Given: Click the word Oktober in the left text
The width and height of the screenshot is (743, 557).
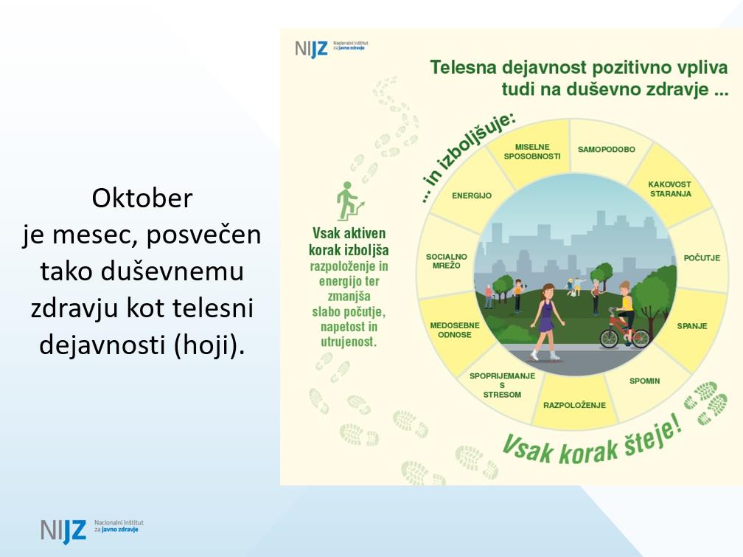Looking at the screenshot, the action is (142, 198).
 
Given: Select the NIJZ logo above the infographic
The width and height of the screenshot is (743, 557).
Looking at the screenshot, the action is (331, 49).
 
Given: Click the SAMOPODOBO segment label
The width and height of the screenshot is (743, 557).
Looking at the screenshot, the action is (606, 150).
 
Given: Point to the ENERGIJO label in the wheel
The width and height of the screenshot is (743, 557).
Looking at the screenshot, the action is (472, 196).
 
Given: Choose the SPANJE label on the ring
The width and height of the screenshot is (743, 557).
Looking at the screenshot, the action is (692, 326).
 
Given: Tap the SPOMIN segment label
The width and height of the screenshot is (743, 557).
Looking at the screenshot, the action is (644, 381).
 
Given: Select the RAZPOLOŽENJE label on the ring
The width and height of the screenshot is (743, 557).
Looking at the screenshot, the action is (574, 405).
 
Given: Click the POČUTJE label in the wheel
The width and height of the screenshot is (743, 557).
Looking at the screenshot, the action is (702, 257).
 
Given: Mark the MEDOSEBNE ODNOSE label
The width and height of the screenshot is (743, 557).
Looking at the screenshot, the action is (454, 330).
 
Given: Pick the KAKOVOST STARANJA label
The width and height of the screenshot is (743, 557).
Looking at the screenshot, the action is (670, 189).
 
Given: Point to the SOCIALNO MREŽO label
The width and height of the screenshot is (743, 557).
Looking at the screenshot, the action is (447, 261).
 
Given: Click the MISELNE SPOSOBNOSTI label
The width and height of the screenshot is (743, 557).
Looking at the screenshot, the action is (532, 152).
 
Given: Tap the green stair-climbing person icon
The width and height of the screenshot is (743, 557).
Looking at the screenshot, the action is (349, 201).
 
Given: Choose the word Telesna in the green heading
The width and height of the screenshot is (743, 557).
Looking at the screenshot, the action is (463, 67).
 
